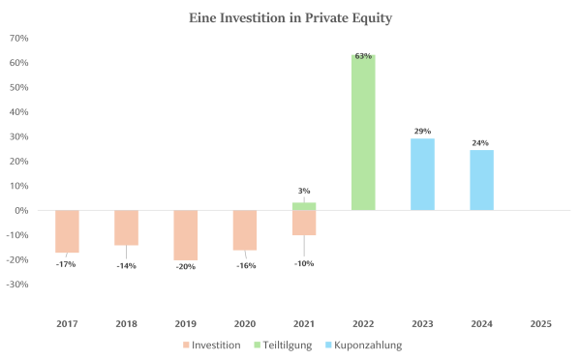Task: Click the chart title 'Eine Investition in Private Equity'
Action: pos(291,17)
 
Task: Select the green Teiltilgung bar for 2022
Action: pos(363,133)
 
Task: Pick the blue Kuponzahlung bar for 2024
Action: pos(481,180)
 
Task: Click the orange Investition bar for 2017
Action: pos(67,231)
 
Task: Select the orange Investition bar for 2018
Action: pos(126,227)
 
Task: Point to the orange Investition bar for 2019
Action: pos(186,235)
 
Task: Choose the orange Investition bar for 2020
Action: pos(245,230)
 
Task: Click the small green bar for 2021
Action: pos(304,206)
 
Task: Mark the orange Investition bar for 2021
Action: pos(304,223)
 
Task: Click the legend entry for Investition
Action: pos(210,345)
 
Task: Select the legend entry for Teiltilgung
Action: pos(284,345)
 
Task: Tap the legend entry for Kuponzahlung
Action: pos(364,345)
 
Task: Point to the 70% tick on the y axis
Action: pos(18,38)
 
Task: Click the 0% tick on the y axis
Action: pos(21,210)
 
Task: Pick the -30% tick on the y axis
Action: pos(17,285)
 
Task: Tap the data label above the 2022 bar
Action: pos(363,56)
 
